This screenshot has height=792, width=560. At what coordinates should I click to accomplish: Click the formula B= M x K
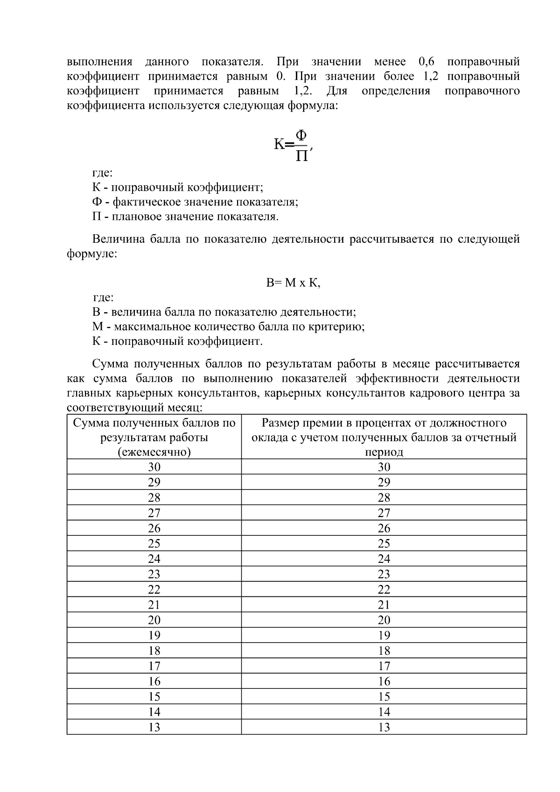(x=293, y=283)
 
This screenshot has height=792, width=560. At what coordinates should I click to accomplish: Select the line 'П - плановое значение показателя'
(x=185, y=217)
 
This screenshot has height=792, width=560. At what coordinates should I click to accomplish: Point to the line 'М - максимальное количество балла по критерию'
(x=228, y=327)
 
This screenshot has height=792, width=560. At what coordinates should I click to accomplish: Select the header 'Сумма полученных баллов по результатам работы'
(x=154, y=430)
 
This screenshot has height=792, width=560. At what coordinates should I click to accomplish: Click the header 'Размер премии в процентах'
(x=384, y=423)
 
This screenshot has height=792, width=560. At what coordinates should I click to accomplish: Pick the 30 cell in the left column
(x=154, y=467)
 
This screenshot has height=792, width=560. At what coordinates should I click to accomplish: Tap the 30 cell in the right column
(x=384, y=467)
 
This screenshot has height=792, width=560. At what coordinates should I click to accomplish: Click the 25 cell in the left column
(x=154, y=544)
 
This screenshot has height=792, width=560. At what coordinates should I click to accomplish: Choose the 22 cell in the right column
(x=384, y=589)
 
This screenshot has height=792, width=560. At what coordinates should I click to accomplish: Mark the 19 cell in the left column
(x=154, y=635)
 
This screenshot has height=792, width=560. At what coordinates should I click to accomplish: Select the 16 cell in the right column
(x=384, y=681)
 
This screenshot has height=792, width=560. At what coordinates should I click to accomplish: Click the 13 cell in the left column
(x=154, y=727)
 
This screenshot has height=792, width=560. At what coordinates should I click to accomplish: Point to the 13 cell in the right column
(x=384, y=727)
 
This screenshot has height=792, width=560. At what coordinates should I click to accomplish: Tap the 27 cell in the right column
(x=384, y=513)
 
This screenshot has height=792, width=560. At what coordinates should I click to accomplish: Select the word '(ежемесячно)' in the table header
(x=154, y=452)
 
